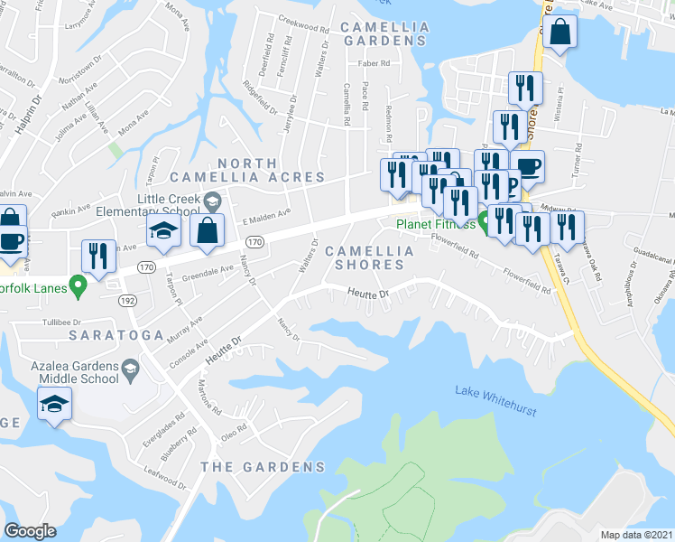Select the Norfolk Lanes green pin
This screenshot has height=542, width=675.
(x=78, y=289)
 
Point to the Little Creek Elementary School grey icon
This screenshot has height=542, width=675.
(x=212, y=200)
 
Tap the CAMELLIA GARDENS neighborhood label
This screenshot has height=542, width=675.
(x=385, y=33)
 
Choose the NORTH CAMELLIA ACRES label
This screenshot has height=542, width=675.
(x=260, y=170)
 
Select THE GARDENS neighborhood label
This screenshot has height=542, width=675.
(x=262, y=467)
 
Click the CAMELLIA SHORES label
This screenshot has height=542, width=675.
(x=369, y=257)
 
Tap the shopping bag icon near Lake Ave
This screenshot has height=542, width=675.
(x=560, y=32)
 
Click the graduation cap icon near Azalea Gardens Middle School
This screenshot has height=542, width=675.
(x=55, y=404)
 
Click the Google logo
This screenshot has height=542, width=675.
(x=31, y=531)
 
